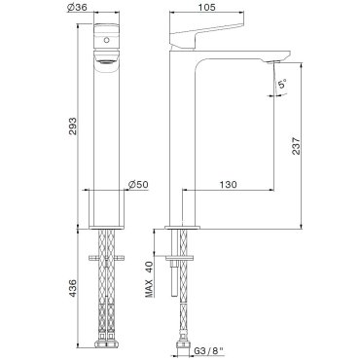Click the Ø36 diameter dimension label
coord(77,7)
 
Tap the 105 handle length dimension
coord(206,7)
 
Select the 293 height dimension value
coord(72,126)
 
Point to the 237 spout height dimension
coord(296,145)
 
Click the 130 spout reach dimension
coord(228,185)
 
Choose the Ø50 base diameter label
coord(138,184)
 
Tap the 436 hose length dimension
coord(72,288)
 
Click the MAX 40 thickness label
coord(149,279)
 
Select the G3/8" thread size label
coord(207,350)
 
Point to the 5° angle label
coord(282,84)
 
